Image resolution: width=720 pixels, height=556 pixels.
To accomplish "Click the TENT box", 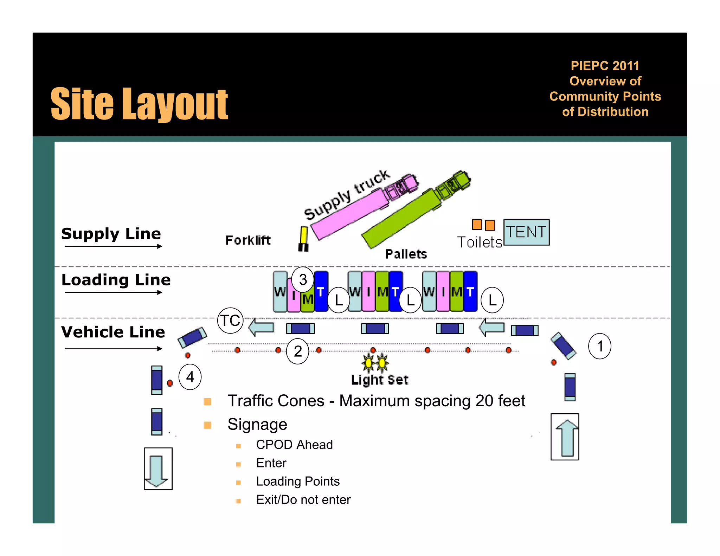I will pyautogui.click(x=526, y=232).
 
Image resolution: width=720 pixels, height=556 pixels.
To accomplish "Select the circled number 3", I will pyautogui.click(x=303, y=280).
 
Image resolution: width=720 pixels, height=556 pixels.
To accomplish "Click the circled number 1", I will pyautogui.click(x=600, y=346).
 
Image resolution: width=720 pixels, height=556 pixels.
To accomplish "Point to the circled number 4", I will pyautogui.click(x=190, y=377).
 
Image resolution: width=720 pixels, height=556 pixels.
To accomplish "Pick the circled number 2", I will pyautogui.click(x=298, y=351).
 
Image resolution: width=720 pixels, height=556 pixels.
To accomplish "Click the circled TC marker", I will pyautogui.click(x=230, y=321).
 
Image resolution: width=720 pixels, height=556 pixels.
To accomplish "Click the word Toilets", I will pyautogui.click(x=479, y=242).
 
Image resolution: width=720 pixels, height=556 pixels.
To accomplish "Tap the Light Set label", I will pyautogui.click(x=380, y=380).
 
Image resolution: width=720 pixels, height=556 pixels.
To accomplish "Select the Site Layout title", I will pyautogui.click(x=140, y=104).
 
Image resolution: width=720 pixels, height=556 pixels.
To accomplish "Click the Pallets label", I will pyautogui.click(x=406, y=254).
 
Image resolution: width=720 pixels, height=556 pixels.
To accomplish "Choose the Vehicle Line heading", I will pyautogui.click(x=113, y=332).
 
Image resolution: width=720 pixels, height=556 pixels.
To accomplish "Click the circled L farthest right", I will pyautogui.click(x=492, y=300).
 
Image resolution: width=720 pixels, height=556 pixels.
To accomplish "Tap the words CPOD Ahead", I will pyautogui.click(x=294, y=445).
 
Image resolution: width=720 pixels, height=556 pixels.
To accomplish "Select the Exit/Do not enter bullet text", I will pyautogui.click(x=303, y=499).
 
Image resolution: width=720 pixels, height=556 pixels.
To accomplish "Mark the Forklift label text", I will pyautogui.click(x=248, y=240).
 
